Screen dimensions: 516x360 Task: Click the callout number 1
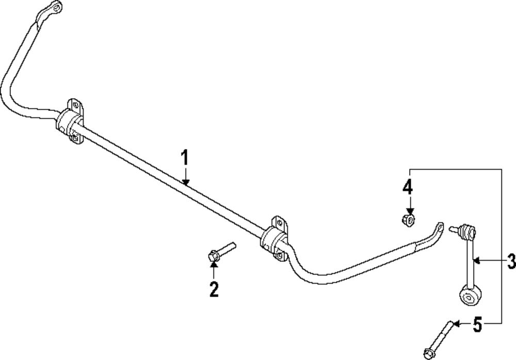tap(186, 157)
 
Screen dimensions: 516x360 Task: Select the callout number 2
tap(214, 289)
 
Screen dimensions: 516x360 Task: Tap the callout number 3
tap(510, 262)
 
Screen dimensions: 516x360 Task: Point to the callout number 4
tap(408, 187)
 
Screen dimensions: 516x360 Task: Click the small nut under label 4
tap(408, 221)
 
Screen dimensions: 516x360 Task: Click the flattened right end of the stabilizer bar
tap(439, 227)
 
